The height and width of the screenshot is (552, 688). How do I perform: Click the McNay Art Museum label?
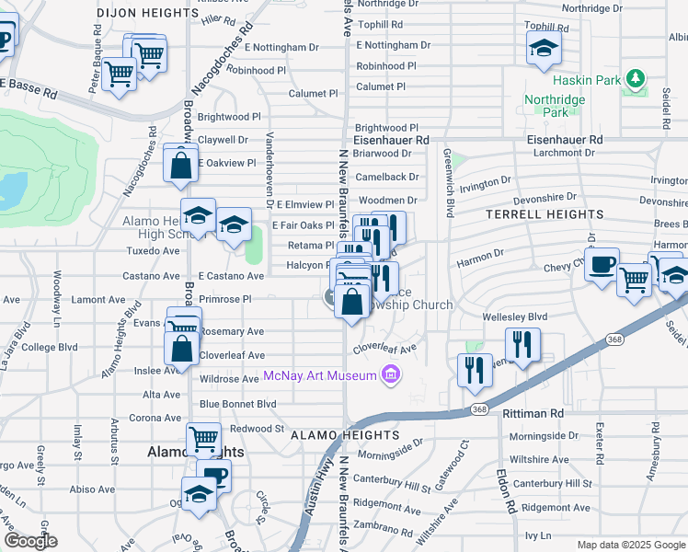320,375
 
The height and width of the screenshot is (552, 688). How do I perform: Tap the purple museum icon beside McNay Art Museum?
392,374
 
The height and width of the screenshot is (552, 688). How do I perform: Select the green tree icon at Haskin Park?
634,80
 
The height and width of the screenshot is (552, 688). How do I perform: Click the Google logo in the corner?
30,541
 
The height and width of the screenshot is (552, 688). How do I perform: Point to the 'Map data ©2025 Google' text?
630,545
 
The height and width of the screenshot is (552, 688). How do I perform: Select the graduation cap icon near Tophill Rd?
544,48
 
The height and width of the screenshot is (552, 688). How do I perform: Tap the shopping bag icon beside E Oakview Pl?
181,166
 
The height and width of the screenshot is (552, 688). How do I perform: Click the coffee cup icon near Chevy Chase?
602,265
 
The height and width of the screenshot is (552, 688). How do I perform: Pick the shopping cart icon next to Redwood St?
202,438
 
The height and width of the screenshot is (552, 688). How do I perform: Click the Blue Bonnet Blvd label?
237,404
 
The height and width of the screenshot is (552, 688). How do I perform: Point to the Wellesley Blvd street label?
514,316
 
